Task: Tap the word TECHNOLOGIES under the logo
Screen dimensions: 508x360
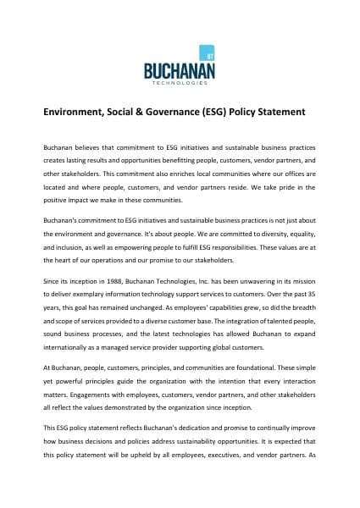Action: (180, 83)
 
